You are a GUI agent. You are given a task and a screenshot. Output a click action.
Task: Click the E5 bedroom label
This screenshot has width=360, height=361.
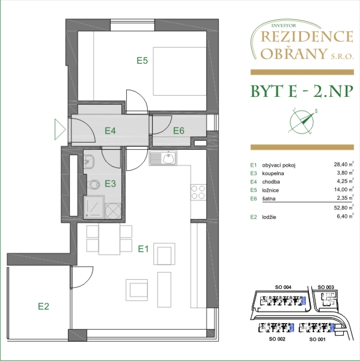click(142, 61)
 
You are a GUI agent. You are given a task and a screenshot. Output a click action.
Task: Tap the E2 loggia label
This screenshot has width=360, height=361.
click(43, 306)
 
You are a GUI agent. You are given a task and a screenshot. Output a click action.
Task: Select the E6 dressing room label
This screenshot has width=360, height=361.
click(178, 131)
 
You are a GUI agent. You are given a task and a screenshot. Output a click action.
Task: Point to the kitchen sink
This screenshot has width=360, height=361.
click(163, 158)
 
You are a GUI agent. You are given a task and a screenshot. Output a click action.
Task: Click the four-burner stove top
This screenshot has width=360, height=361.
click(198, 193)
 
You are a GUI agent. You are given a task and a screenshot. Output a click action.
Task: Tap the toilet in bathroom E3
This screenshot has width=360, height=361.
click(93, 185)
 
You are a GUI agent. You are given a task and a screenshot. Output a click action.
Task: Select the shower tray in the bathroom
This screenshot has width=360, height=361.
click(94, 207)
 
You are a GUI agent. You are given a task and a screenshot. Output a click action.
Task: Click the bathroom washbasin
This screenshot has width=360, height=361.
click(89, 161)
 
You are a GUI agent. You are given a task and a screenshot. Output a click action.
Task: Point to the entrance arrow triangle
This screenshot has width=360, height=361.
click(60, 129)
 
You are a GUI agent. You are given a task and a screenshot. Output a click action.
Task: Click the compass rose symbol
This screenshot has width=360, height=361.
click(302, 122)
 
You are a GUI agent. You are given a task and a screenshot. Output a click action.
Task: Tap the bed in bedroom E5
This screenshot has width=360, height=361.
click(180, 71)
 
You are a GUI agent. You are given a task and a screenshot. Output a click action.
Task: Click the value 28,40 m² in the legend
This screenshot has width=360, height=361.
click(344, 164)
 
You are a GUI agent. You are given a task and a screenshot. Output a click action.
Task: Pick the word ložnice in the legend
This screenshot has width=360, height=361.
click(270, 190)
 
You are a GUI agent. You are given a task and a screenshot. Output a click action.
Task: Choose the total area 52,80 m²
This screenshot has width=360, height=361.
click(344, 208)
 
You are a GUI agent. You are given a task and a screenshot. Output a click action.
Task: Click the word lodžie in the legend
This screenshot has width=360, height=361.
click(269, 217)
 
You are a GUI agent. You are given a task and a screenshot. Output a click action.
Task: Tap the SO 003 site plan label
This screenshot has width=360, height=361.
click(326, 287)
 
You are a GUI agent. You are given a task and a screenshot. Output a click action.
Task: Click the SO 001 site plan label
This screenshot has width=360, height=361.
click(317, 339)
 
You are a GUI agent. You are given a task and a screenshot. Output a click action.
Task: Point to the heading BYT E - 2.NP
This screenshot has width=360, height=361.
click(302, 91)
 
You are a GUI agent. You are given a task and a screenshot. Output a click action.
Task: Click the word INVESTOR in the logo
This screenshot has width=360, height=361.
click(284, 25)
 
